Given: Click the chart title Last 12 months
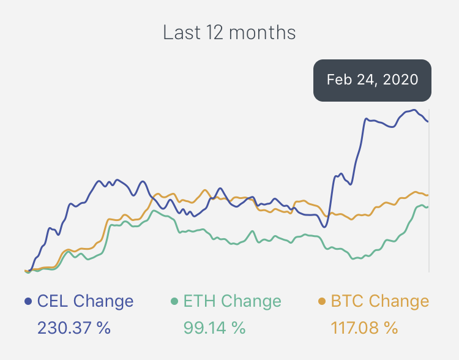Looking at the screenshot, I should tap(229, 32).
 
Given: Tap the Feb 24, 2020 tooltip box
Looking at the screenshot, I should tap(372, 80).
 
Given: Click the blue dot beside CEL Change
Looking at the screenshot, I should tap(28, 301).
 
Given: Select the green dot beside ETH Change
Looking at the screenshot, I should tap(174, 301).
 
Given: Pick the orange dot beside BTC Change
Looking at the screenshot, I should tap(322, 301).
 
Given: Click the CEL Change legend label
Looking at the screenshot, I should tap(85, 301).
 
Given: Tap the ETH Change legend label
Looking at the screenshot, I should tap(233, 301).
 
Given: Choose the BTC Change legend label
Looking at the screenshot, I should tap(379, 301).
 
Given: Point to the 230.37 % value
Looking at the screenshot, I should tap(74, 328).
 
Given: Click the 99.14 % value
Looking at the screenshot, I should tap(214, 328).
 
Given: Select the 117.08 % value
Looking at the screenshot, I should tap(364, 328).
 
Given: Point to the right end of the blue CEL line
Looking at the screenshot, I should tap(427, 121).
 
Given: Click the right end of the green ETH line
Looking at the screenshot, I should tap(427, 206).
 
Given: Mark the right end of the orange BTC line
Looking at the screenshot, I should tap(427, 195).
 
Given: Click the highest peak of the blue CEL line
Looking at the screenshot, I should tap(414, 110).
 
